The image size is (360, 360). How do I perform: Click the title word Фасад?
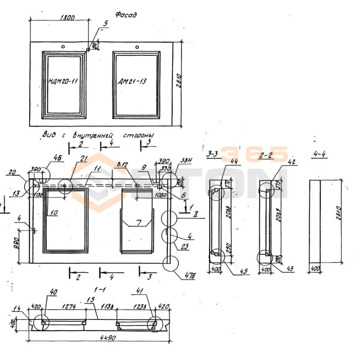coord(126,15)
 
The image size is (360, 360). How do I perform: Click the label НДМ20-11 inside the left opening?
coord(63,81)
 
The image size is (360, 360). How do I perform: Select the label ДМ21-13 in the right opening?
coord(132,81)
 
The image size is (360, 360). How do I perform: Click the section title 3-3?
coord(213,154)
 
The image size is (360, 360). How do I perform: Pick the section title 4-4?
coord(319,154)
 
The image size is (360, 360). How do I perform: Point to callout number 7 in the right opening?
coord(139,223)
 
